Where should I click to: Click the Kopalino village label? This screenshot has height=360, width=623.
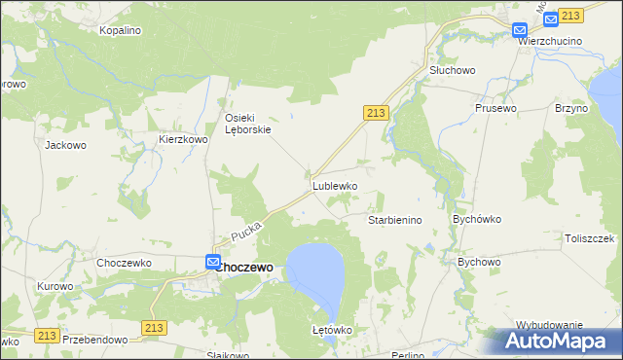coord(121,31)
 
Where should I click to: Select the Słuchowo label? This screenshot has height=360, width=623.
coord(452,71)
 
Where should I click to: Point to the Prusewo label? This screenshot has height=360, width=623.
coord(494,108)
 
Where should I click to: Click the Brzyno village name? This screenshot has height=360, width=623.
coord(571,108)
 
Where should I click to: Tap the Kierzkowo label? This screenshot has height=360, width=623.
coord(184,140)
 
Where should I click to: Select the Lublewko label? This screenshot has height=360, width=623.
coord(335,185)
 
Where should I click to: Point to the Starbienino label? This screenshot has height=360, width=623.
coord(394,221)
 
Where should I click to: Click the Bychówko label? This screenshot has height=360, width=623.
coord(476,220)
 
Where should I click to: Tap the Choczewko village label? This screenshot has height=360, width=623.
coord(121,263)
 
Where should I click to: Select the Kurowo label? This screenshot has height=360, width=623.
coord(55,286)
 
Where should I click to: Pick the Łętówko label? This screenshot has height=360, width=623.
coord(331,331)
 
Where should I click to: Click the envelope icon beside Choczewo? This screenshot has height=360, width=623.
coord(213,261)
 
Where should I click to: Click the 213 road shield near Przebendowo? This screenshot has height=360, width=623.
coord(154,329)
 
